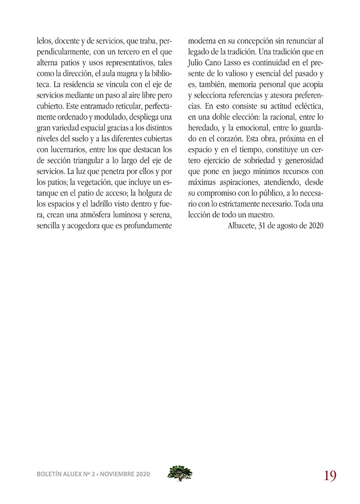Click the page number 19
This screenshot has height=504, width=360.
click(330, 476)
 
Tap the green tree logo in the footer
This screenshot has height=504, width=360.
click(180, 473)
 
